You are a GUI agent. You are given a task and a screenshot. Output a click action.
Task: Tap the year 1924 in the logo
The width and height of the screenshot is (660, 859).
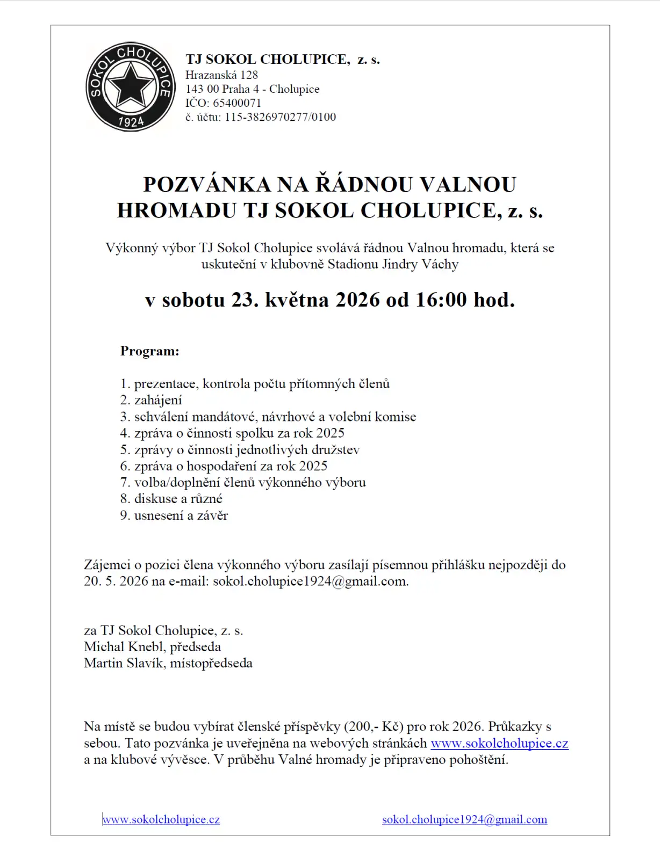(131, 122)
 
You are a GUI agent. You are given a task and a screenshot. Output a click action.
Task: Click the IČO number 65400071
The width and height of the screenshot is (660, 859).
(237, 103)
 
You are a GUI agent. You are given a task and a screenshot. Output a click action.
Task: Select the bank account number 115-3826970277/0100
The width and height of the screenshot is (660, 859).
(280, 117)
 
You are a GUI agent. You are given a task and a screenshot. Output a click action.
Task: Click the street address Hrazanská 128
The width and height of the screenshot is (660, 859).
(221, 75)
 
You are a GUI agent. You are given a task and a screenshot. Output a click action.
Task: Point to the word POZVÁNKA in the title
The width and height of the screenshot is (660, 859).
(207, 185)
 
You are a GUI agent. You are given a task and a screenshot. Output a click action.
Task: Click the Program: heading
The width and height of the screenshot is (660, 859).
(149, 351)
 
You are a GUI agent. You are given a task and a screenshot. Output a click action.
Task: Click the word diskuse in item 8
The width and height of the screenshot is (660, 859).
(155, 499)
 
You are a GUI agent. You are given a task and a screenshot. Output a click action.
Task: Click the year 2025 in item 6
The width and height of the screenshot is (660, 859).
(313, 466)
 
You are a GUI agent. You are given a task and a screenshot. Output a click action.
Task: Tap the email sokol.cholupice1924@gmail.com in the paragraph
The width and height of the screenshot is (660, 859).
(310, 581)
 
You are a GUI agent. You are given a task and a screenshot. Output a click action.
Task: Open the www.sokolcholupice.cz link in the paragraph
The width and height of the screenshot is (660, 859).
(499, 744)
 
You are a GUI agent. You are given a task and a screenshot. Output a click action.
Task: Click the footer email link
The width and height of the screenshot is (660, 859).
(464, 820)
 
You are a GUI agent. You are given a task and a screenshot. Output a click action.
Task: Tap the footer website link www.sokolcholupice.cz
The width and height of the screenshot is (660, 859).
(161, 820)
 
